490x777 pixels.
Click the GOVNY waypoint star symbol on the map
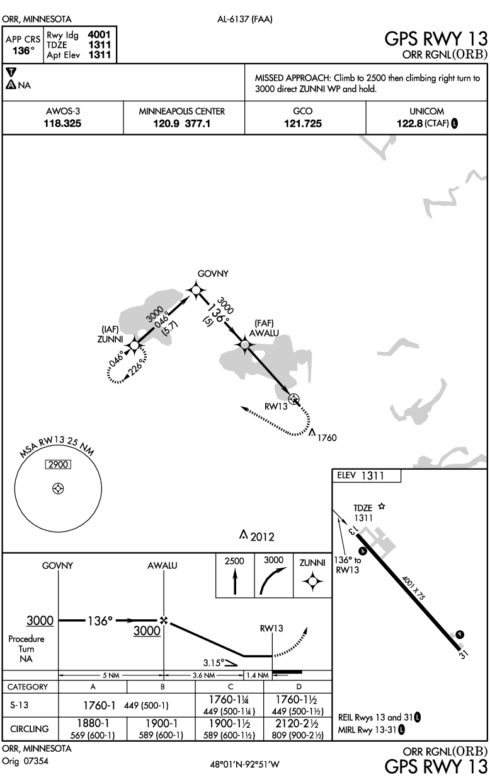(197, 289)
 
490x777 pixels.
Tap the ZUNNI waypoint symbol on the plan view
(134, 344)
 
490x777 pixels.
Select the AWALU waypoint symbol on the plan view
(244, 344)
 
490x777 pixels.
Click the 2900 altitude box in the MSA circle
(58, 464)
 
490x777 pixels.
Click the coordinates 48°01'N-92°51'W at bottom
(244, 764)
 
